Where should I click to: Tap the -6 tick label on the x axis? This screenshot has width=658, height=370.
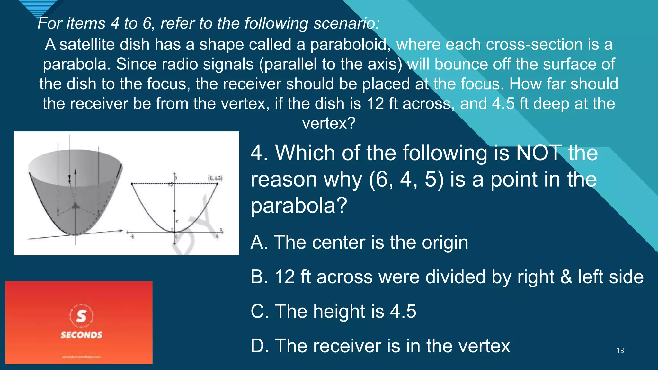pyautogui.click(x=132, y=237)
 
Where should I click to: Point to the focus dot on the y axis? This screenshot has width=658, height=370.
pyautogui.click(x=174, y=211)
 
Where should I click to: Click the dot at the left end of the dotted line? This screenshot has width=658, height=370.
pyautogui.click(x=132, y=184)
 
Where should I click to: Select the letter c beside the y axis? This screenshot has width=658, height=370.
pyautogui.click(x=177, y=221)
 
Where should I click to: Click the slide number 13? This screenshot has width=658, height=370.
pyautogui.click(x=620, y=351)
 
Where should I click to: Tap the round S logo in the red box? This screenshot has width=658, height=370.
pyautogui.click(x=81, y=316)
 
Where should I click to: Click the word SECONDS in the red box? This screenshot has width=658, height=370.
pyautogui.click(x=81, y=335)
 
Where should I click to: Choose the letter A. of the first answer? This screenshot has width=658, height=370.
pyautogui.click(x=259, y=242)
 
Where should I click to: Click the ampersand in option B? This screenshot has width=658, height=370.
pyautogui.click(x=566, y=277)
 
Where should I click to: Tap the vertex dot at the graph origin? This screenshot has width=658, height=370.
pyautogui.click(x=174, y=232)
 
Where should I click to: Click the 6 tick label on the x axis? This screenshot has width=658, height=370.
pyautogui.click(x=217, y=237)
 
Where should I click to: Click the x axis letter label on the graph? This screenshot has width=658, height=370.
pyautogui.click(x=221, y=230)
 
